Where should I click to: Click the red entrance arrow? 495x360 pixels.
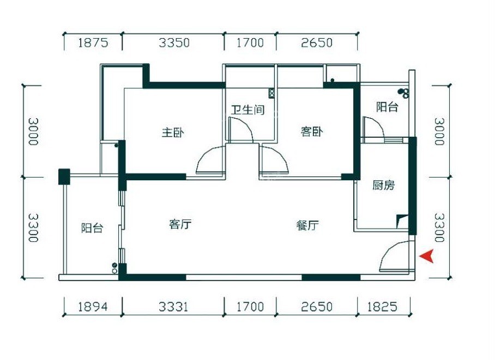(x=426, y=255)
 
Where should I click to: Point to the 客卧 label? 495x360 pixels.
(x=311, y=131)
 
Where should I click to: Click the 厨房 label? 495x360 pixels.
(x=383, y=186)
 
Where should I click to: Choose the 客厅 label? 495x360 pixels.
(x=180, y=224)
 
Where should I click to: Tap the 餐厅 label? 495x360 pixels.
(x=307, y=225)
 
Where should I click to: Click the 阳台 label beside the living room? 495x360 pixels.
(x=92, y=228)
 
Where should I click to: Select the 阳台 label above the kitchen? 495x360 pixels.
(x=387, y=107)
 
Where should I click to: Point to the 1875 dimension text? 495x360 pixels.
(x=93, y=42)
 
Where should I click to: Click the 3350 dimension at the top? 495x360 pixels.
(x=174, y=42)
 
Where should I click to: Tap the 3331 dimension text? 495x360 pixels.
(x=173, y=307)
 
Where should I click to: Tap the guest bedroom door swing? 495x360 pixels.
(x=274, y=160)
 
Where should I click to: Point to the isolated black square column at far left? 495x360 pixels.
(x=64, y=176)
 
